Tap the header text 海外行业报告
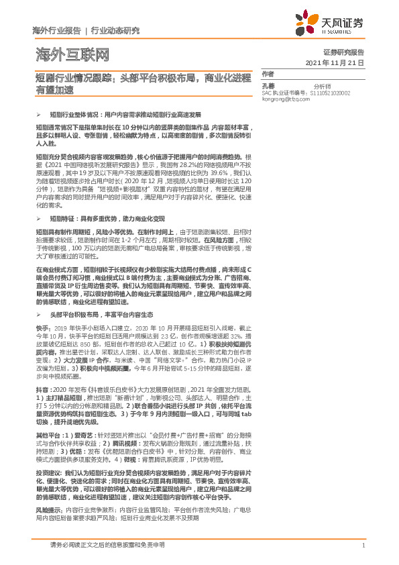(56, 31)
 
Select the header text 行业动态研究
(115, 31)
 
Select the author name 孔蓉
(268, 86)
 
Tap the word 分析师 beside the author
(310, 86)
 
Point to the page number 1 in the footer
(362, 546)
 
